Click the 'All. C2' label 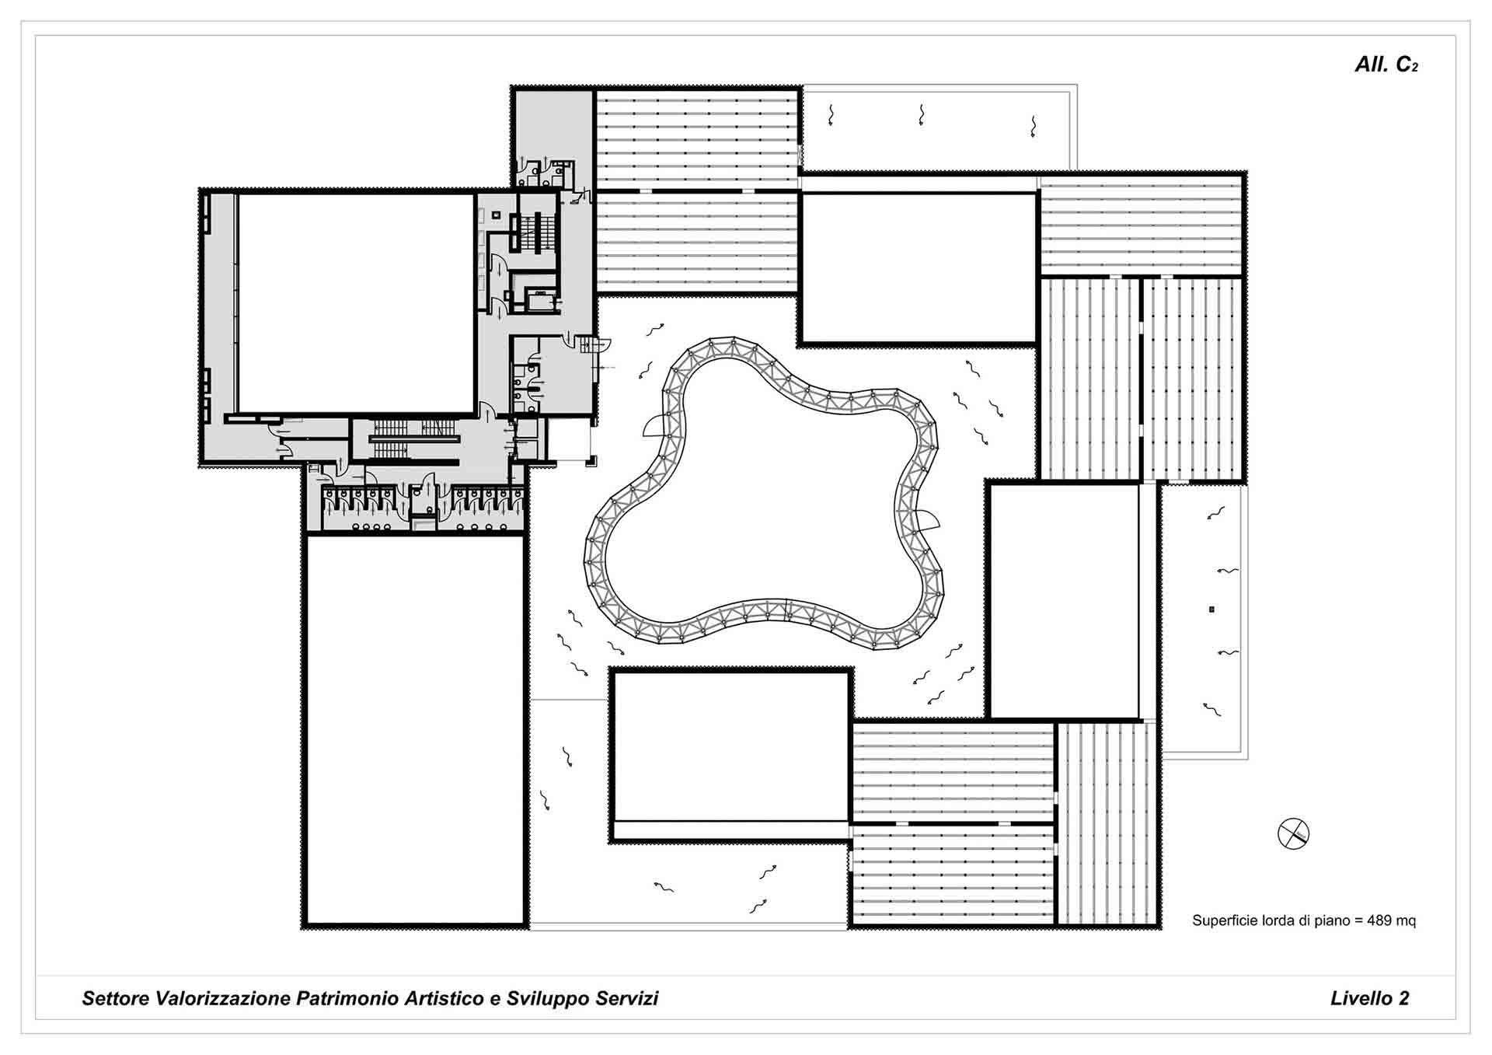pyautogui.click(x=1386, y=65)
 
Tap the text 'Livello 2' pyautogui.click(x=1369, y=998)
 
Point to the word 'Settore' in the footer pyautogui.click(x=117, y=998)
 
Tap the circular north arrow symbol pyautogui.click(x=1293, y=834)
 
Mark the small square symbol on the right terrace pyautogui.click(x=1211, y=610)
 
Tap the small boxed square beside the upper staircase pyautogui.click(x=496, y=215)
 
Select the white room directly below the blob pyautogui.click(x=730, y=746)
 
